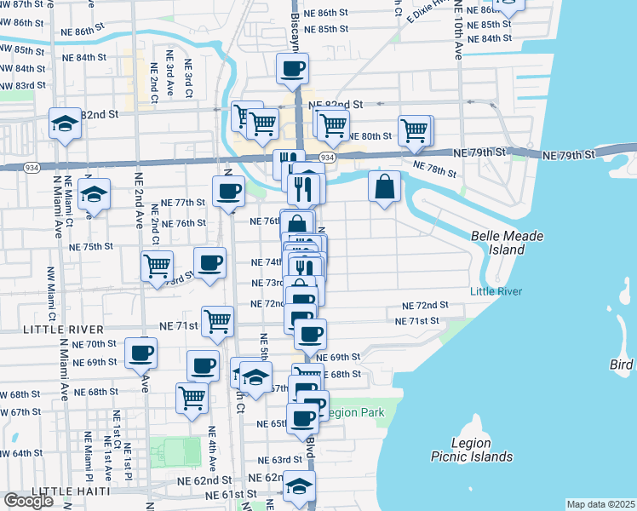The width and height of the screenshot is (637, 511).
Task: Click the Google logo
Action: pos(28,501)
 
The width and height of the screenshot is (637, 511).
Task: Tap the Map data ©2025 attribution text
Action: pos(600,504)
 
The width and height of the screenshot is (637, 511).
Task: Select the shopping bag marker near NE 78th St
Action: pos(384,187)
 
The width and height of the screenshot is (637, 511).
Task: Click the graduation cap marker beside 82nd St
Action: pos(65,123)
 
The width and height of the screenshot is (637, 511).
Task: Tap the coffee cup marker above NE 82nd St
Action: pos(291,68)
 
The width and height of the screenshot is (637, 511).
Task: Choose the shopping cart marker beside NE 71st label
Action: pos(217,321)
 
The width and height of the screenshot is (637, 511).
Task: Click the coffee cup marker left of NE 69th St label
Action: pos(141,352)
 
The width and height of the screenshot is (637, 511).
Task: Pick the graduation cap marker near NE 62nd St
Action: pos(298,486)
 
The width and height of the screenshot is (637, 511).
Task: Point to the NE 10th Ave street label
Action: pos(458,34)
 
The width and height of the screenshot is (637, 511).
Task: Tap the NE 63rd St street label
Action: pos(281,459)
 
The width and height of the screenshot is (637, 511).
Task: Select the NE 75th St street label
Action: pos(91,246)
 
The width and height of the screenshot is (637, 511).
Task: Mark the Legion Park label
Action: pos(356,413)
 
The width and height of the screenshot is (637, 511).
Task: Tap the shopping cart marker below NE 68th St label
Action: pos(192,398)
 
